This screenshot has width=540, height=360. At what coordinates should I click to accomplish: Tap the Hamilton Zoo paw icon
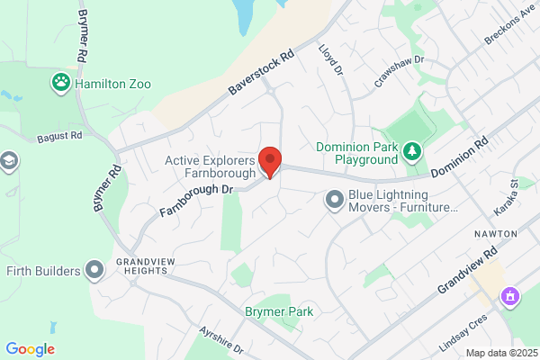61,83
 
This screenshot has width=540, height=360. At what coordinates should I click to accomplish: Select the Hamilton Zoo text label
113,84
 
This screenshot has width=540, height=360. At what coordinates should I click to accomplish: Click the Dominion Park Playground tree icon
411,150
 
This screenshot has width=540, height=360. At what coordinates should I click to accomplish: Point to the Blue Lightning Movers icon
334,199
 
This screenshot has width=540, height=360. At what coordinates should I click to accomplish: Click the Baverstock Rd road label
261,74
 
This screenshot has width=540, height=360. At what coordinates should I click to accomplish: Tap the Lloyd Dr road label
331,59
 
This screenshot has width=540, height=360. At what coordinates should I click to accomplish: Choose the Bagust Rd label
59,138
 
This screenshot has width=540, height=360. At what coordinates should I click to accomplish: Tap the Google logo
31,349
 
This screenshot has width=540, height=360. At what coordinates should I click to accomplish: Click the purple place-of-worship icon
510,295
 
